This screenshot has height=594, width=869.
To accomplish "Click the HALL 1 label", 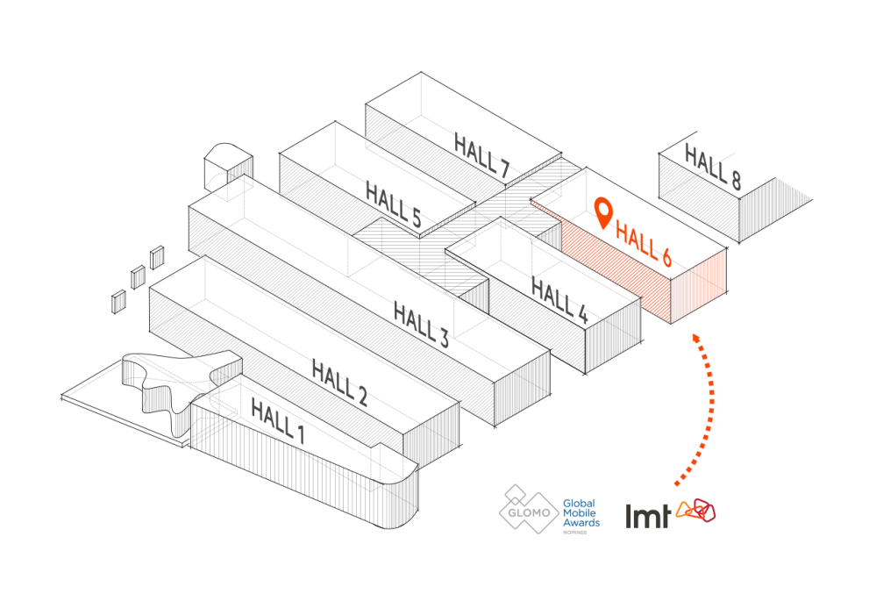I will coord(277,419).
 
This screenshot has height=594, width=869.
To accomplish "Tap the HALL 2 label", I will coord(338,383).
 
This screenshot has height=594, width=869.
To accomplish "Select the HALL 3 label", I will coord(421,323).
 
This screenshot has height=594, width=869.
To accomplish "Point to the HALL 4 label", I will coord(559,299).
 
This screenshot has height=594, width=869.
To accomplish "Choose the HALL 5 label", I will coord(393,205).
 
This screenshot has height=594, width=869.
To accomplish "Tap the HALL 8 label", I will coord(713,168).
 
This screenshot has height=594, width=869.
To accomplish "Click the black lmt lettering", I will coord(648,515).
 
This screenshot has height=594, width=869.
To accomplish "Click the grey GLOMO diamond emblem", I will coord(529,510).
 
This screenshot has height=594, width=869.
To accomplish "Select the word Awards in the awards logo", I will coord(581,522).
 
